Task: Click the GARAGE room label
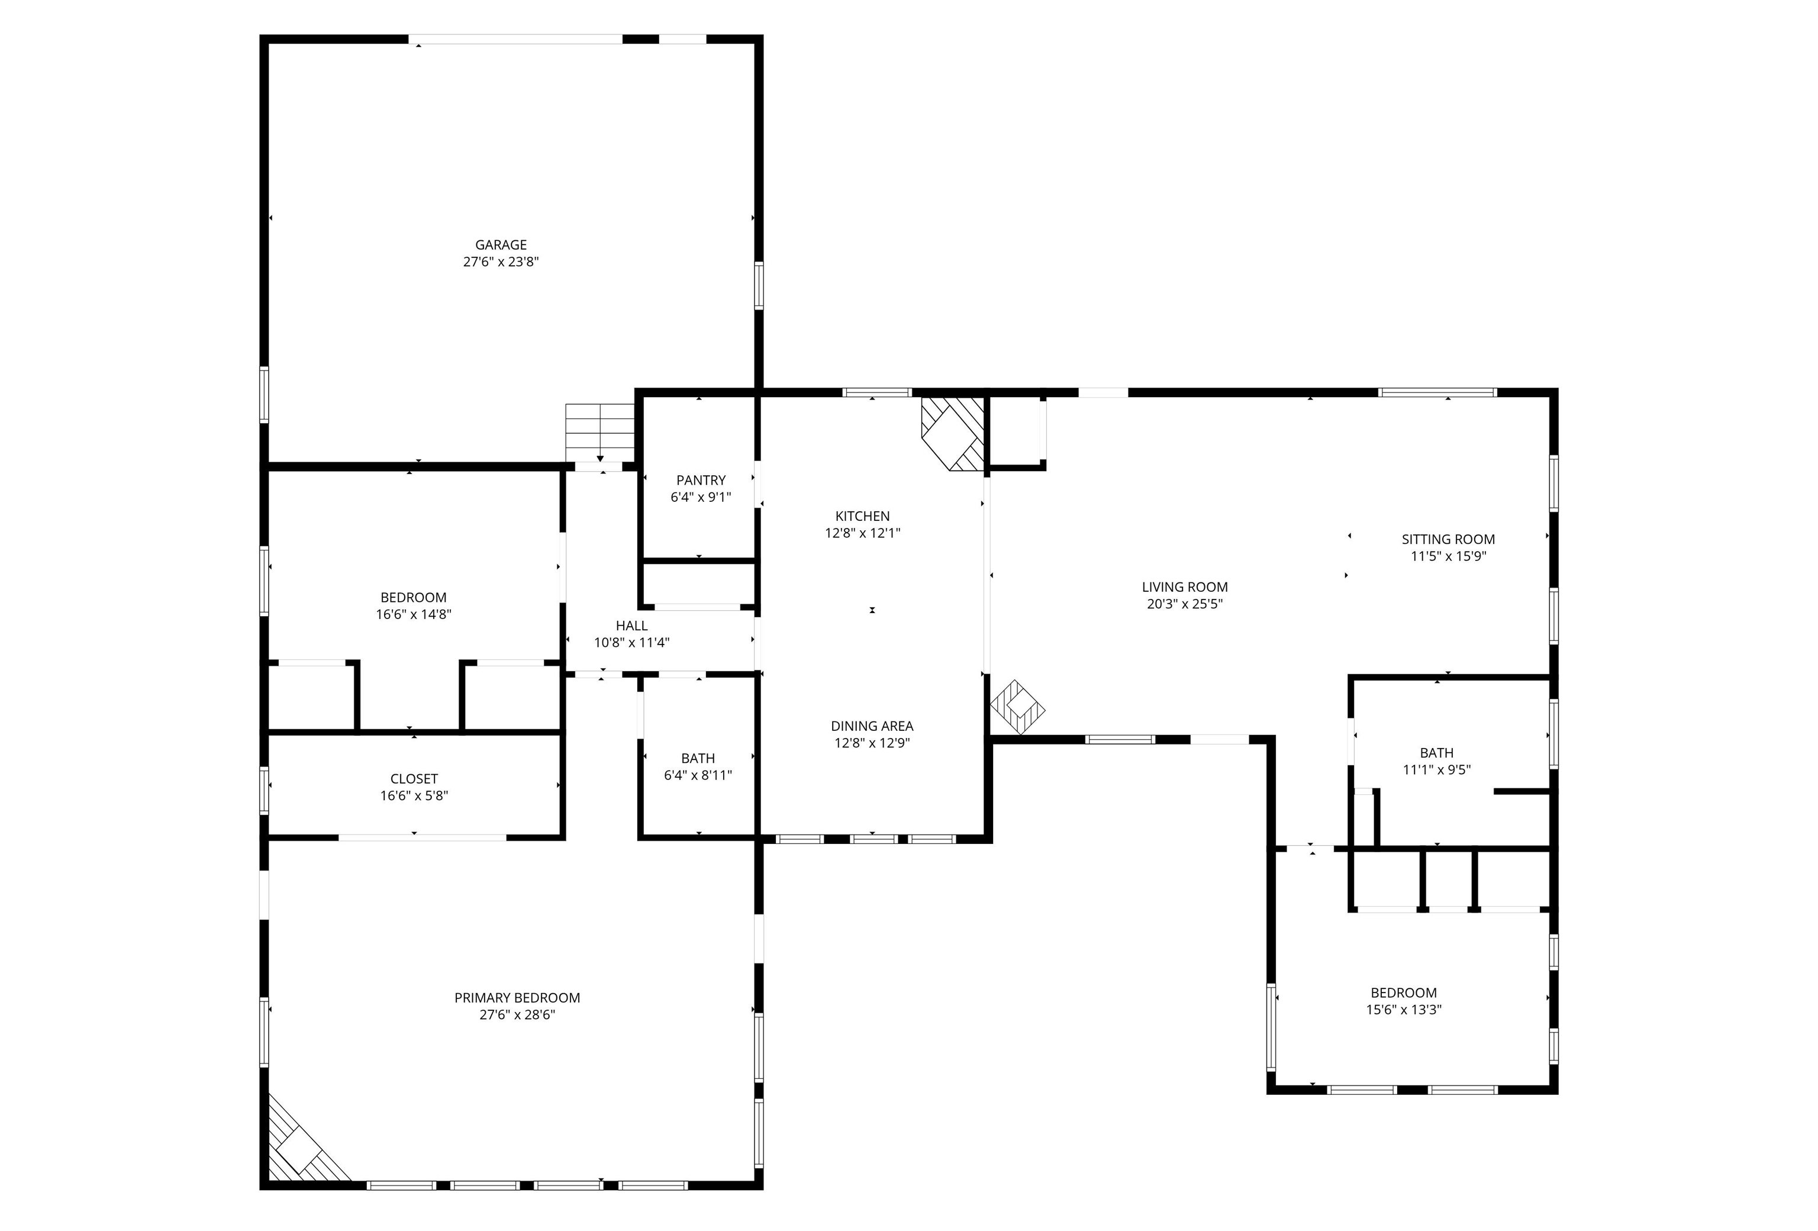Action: tap(501, 245)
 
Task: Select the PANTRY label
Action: tap(701, 480)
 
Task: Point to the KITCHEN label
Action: tap(862, 516)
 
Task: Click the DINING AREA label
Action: tap(872, 727)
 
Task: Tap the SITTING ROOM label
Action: tap(1448, 540)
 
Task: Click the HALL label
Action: tap(631, 626)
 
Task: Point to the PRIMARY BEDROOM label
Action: tap(517, 998)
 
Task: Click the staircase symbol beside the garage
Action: tap(600, 433)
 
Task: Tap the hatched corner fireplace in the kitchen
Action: tap(952, 434)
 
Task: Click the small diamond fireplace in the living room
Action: tap(1018, 707)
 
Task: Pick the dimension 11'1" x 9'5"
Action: tap(1436, 769)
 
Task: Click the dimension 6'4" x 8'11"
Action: tap(698, 775)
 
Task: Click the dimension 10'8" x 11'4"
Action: tap(631, 643)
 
